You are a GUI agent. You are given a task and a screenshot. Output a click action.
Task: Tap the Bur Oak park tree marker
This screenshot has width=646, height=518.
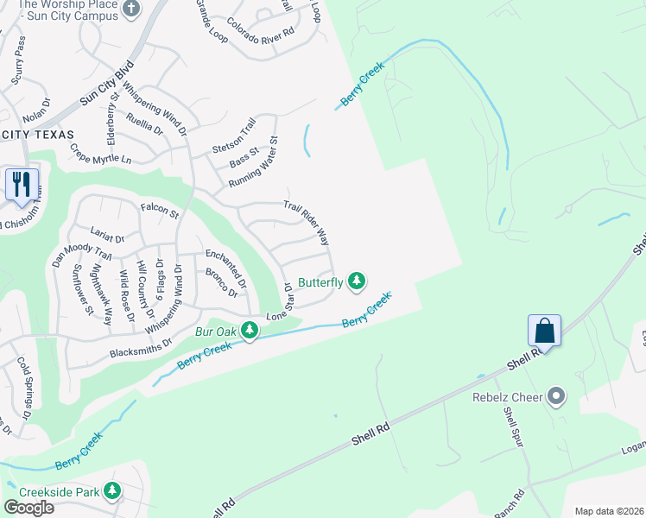[x=250, y=330]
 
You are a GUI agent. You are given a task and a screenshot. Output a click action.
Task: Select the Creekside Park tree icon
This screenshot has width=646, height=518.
[x=111, y=490]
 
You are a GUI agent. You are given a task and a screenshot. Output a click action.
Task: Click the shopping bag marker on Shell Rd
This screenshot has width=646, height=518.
[x=544, y=331]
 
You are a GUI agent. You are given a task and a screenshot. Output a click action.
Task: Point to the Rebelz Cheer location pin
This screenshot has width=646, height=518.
[x=557, y=397]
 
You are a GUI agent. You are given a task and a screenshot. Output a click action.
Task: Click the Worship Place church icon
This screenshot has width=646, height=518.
[x=131, y=9]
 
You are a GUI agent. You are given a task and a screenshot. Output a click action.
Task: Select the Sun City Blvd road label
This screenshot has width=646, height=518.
[x=107, y=83]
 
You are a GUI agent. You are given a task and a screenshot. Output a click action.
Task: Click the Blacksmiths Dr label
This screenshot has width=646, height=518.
[x=142, y=347]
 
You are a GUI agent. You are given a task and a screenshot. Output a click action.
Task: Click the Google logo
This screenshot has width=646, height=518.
[x=29, y=508]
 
